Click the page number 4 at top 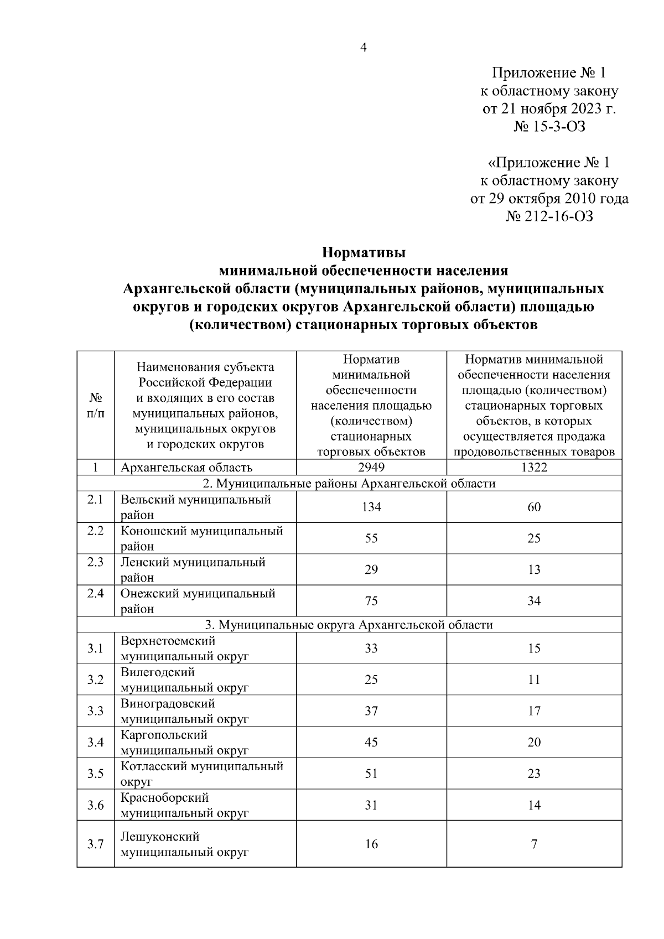point(364,48)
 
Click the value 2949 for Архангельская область point(371,468)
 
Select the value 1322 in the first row point(534,468)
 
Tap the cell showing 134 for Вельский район point(371,507)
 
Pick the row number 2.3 point(96,562)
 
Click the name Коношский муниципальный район point(201,538)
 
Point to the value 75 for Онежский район point(371,601)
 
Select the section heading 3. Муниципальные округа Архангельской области point(349,625)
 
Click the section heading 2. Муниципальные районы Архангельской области point(349,484)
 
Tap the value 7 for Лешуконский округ point(534,844)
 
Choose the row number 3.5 point(96,774)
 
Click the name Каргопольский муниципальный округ point(184,743)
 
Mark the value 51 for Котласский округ point(371,774)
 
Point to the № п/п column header point(96,406)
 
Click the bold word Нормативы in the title point(364,253)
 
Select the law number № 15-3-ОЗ point(549,127)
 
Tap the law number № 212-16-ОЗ point(549,216)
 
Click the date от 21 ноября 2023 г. point(549,108)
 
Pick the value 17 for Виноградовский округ point(534,711)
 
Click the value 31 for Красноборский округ point(371,805)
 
